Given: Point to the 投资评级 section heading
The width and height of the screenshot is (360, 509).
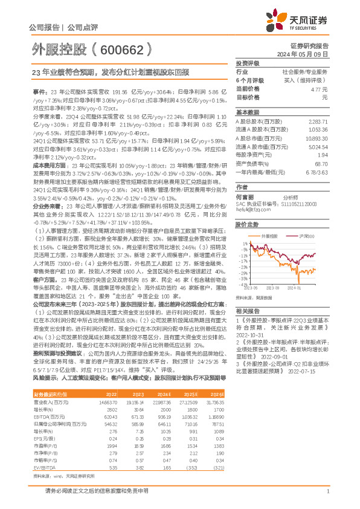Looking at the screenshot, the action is point(247,62).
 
